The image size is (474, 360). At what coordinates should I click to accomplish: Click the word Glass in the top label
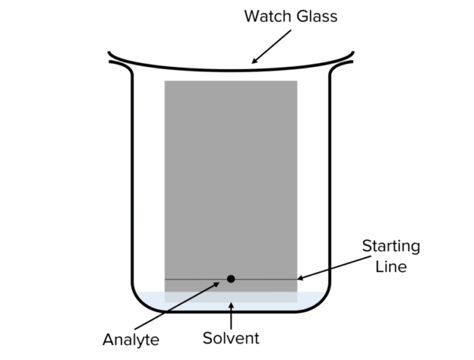(314, 16)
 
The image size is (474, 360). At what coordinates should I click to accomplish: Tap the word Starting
(391, 246)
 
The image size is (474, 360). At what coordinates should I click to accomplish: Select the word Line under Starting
(391, 266)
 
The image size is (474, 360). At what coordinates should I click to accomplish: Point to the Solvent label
(232, 337)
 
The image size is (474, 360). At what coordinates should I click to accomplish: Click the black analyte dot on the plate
(231, 279)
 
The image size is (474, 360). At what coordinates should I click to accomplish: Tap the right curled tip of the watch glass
(351, 60)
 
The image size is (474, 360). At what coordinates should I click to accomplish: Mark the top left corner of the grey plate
(165, 82)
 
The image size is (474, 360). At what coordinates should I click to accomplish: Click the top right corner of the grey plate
(297, 82)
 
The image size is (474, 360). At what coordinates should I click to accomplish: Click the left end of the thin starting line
(167, 279)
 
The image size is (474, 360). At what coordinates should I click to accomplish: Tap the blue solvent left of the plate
(150, 298)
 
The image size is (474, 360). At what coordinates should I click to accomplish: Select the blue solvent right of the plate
(311, 298)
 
